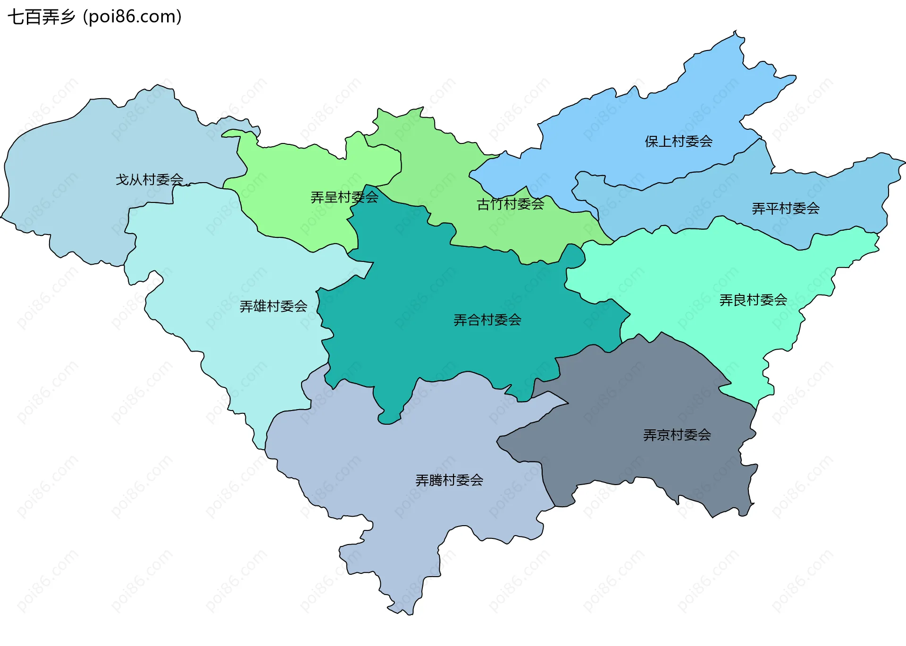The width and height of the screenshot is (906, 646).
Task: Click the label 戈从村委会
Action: pyautogui.click(x=150, y=179)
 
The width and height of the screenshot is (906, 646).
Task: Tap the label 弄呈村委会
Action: pyautogui.click(x=344, y=197)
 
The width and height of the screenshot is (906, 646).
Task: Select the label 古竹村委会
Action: pyautogui.click(x=511, y=204)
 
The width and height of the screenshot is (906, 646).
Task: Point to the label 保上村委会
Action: pyautogui.click(x=679, y=141)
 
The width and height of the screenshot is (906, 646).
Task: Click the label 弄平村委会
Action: pyautogui.click(x=786, y=208)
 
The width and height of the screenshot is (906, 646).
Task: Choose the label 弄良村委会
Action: pyautogui.click(x=753, y=300)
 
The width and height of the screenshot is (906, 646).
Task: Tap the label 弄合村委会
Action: pyautogui.click(x=487, y=320)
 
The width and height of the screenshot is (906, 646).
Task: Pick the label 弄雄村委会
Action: pyautogui.click(x=273, y=306)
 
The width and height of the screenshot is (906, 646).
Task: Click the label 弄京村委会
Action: pyautogui.click(x=677, y=435)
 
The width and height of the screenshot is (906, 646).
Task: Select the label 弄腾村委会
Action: pyautogui.click(x=449, y=480)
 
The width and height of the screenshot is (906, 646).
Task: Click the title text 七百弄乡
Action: pyautogui.click(x=42, y=17)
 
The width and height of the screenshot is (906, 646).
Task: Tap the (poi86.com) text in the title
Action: pyautogui.click(x=133, y=17)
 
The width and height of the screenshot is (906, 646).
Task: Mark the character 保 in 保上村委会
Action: pyautogui.click(x=652, y=141)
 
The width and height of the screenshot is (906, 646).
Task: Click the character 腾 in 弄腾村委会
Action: pyautogui.click(x=436, y=480)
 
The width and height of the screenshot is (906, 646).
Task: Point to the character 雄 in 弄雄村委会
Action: pyautogui.click(x=260, y=306)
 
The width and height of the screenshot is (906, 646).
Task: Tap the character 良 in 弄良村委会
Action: pyautogui.click(x=739, y=300)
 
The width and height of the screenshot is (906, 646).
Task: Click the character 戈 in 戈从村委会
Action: pyautogui.click(x=122, y=179)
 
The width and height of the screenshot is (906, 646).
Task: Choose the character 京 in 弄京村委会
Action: pyautogui.click(x=663, y=435)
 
